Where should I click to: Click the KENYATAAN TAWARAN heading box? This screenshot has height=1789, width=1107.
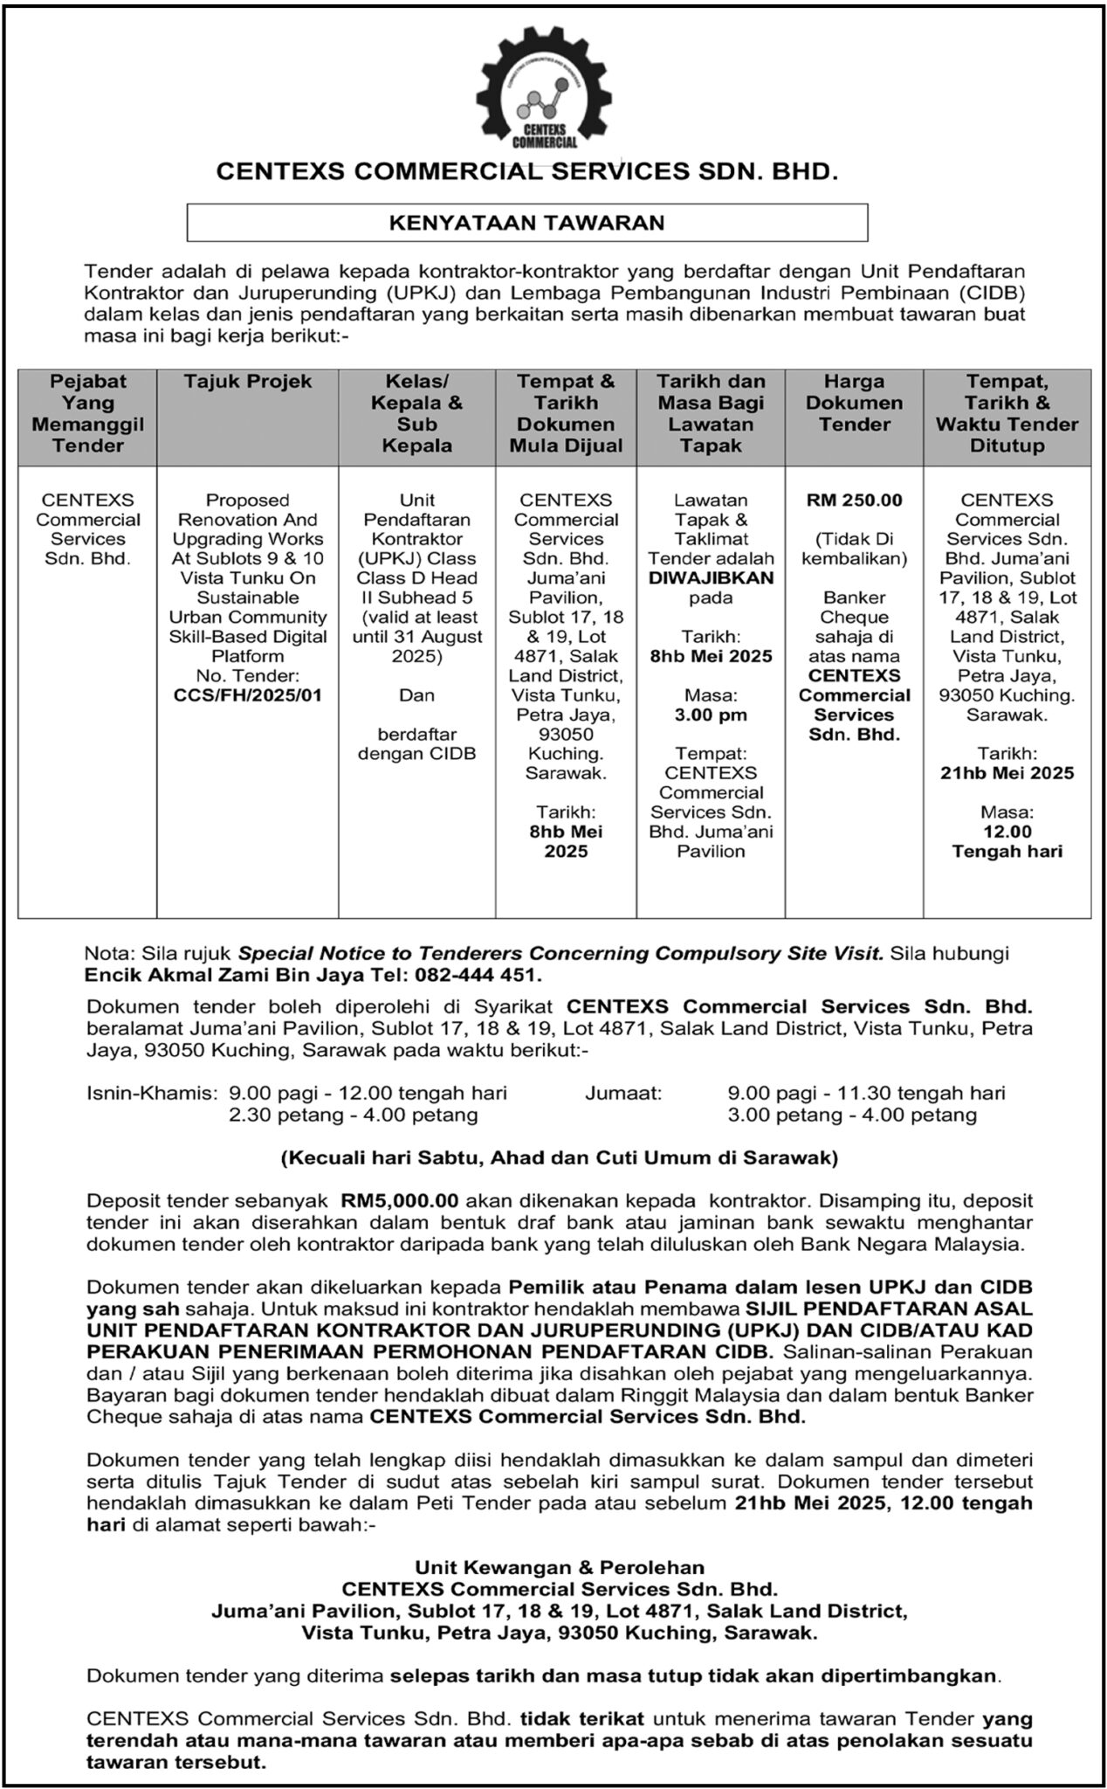(x=526, y=223)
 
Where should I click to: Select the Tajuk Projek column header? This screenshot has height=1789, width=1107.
(x=247, y=382)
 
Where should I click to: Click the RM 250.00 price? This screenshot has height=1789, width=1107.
(x=854, y=501)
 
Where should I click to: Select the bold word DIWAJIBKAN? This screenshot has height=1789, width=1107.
(x=711, y=578)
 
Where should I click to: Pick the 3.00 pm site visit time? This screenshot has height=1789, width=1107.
(x=711, y=715)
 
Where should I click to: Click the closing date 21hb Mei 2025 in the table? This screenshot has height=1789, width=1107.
(x=1007, y=773)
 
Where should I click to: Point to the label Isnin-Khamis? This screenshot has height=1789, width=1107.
(x=151, y=1093)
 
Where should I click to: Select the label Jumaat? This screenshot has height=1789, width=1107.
(x=624, y=1093)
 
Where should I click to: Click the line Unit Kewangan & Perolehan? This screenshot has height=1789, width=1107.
(x=559, y=1567)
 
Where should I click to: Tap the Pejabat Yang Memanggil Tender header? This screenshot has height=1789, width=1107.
(x=88, y=414)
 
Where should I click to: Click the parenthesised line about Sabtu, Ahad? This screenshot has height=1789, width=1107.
(x=559, y=1158)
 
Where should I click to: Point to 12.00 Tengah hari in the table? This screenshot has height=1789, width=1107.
(x=1007, y=841)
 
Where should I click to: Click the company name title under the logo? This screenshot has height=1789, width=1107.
(x=526, y=173)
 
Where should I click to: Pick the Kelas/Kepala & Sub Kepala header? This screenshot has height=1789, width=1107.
(x=417, y=414)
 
